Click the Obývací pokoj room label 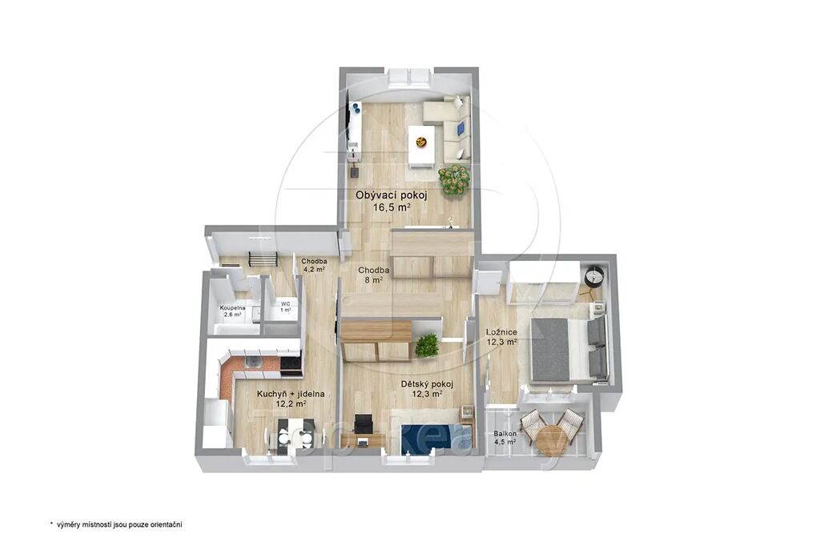392,195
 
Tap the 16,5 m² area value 391,207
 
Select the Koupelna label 232,308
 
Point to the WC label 286,303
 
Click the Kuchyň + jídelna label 291,395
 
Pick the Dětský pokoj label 428,384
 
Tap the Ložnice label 501,332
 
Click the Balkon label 505,434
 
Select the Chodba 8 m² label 373,275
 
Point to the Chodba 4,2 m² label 314,265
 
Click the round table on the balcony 549,440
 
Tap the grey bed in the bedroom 569,347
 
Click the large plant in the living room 455,179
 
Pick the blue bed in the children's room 436,437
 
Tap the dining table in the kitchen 290,434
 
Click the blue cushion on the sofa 460,127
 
